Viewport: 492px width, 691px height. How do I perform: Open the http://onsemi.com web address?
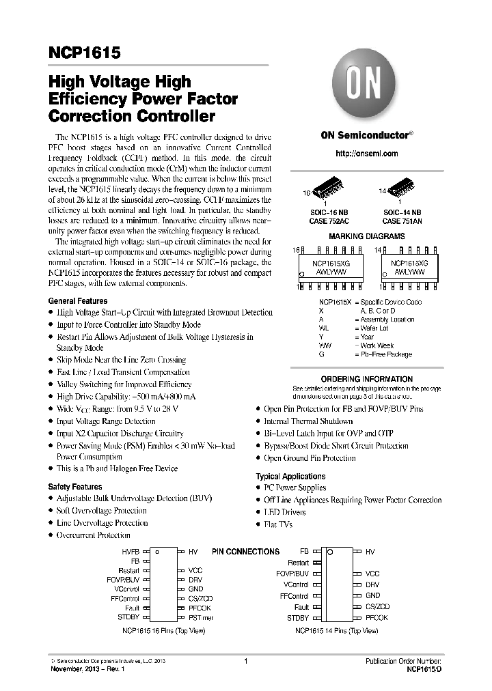pyautogui.click(x=366, y=154)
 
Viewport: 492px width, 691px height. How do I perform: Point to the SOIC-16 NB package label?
pyautogui.click(x=329, y=213)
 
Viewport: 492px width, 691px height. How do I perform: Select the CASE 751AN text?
pyautogui.click(x=401, y=221)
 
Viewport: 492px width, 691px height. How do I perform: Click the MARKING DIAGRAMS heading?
pyautogui.click(x=366, y=236)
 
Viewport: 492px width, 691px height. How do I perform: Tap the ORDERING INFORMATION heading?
pyautogui.click(x=366, y=379)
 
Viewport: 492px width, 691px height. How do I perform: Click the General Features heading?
pyautogui.click(x=77, y=301)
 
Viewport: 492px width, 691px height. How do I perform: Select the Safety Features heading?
pyautogui.click(x=75, y=487)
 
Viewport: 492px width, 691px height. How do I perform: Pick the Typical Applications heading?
pyautogui.click(x=290, y=476)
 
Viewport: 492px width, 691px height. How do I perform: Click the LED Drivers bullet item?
pyautogui.click(x=286, y=512)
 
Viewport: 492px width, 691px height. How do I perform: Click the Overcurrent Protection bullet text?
pyautogui.click(x=93, y=535)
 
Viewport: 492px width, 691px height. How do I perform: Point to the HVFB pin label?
pyautogui.click(x=131, y=551)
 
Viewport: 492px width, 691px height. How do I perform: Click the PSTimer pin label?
pyautogui.click(x=201, y=617)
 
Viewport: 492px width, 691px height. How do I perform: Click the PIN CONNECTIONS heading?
pyautogui.click(x=245, y=552)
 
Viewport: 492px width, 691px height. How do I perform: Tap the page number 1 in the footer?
pyautogui.click(x=245, y=662)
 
